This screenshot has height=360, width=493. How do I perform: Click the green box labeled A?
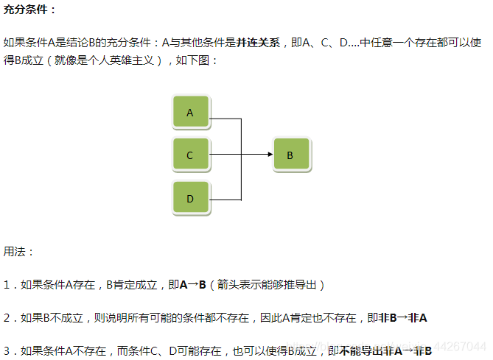(x=190, y=113)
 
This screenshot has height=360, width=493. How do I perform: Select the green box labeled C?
(x=190, y=155)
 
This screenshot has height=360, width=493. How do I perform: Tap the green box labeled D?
(x=190, y=199)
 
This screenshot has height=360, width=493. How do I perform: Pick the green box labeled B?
(x=290, y=155)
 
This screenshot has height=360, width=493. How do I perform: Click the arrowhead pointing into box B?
(x=268, y=155)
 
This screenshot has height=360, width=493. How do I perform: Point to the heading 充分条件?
(x=30, y=10)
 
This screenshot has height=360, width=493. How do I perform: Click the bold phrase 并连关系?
(x=258, y=43)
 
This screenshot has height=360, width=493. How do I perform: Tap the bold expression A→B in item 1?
(x=192, y=285)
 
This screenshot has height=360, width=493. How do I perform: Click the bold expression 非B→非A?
(x=402, y=318)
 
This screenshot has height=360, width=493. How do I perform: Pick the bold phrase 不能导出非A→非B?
(x=385, y=351)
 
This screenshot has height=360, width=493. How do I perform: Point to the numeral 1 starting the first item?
(x=7, y=285)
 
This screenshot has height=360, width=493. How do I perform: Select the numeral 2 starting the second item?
(x=7, y=318)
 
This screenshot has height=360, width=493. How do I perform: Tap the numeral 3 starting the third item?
(x=7, y=351)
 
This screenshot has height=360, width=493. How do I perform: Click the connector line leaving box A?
(x=225, y=119)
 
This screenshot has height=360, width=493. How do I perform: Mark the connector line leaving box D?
(x=225, y=200)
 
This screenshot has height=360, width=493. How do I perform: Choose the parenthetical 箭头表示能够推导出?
(x=267, y=285)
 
